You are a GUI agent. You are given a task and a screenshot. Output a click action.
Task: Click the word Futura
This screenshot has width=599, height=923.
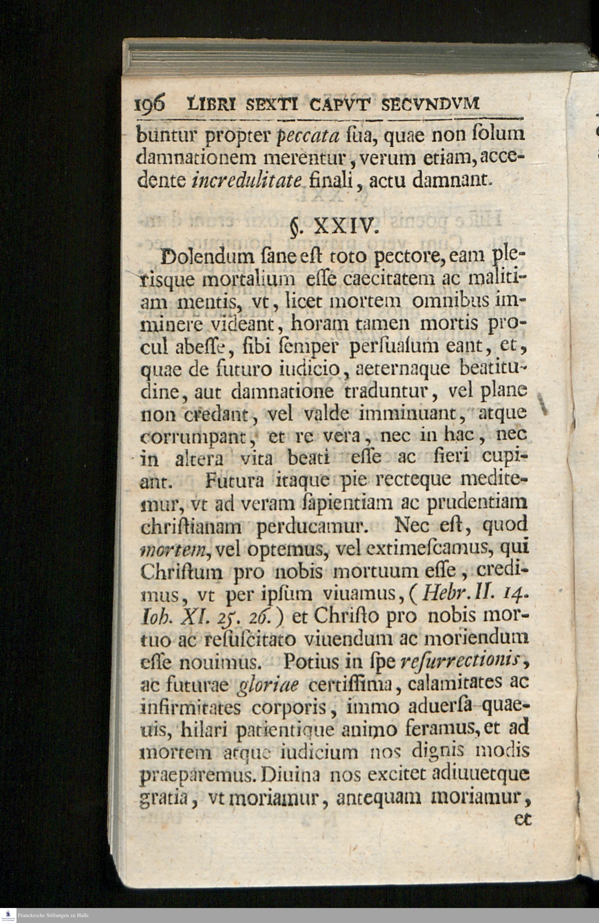tap(235, 481)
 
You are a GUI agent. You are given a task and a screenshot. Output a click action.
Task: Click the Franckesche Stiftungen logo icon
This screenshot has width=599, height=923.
tap(8, 915)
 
